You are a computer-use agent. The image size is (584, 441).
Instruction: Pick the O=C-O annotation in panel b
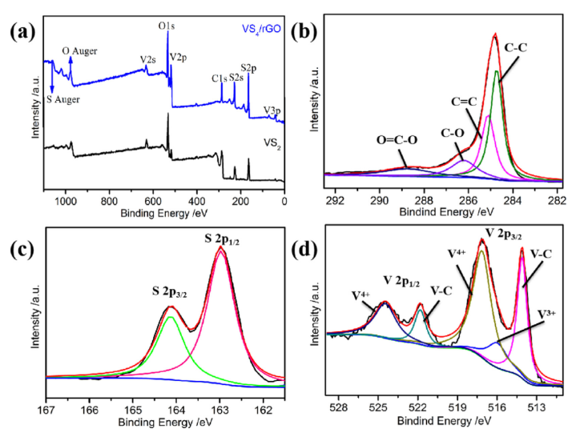coord(381,141)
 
